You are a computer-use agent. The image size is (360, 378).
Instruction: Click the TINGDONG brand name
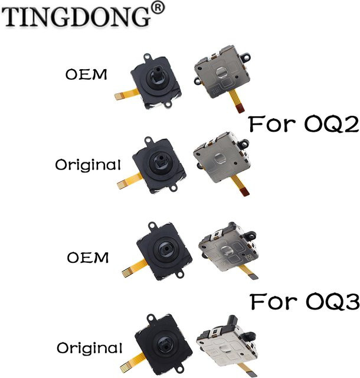click(77, 17)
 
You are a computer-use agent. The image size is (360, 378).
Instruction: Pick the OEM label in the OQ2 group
click(86, 74)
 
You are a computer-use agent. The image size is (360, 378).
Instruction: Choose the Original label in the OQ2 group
click(88, 165)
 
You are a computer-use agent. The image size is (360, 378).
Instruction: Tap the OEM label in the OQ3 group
click(88, 258)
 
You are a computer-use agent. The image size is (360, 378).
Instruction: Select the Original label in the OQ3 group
click(89, 348)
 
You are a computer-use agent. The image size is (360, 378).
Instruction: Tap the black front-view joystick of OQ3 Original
click(163, 343)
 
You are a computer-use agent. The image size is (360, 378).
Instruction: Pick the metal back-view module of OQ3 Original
click(227, 343)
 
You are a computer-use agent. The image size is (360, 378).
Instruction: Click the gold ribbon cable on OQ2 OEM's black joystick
click(126, 94)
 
